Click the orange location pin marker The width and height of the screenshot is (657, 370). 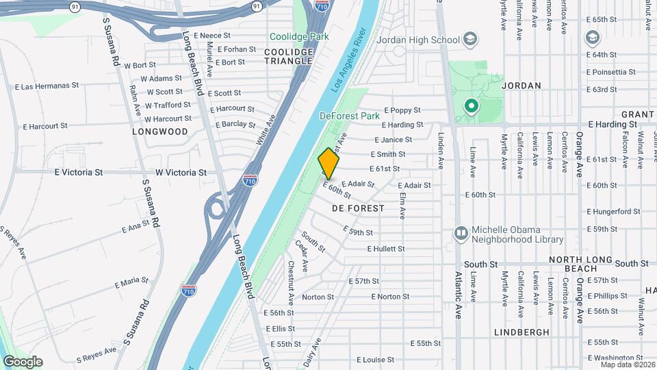(328, 163)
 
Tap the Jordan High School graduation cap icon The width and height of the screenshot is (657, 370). (469, 39)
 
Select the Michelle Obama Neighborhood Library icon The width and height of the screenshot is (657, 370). (462, 234)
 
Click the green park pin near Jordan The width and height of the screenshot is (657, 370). (471, 106)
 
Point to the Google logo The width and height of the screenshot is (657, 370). (23, 362)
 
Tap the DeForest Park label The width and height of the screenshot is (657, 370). (349, 116)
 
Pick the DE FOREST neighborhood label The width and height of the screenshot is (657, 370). (358, 207)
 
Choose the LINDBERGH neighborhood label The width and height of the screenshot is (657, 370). (521, 332)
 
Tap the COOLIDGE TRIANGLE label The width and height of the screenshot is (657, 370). (289, 56)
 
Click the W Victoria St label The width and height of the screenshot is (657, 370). (181, 173)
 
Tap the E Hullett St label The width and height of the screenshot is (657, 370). (386, 249)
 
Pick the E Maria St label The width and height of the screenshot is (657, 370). (131, 282)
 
